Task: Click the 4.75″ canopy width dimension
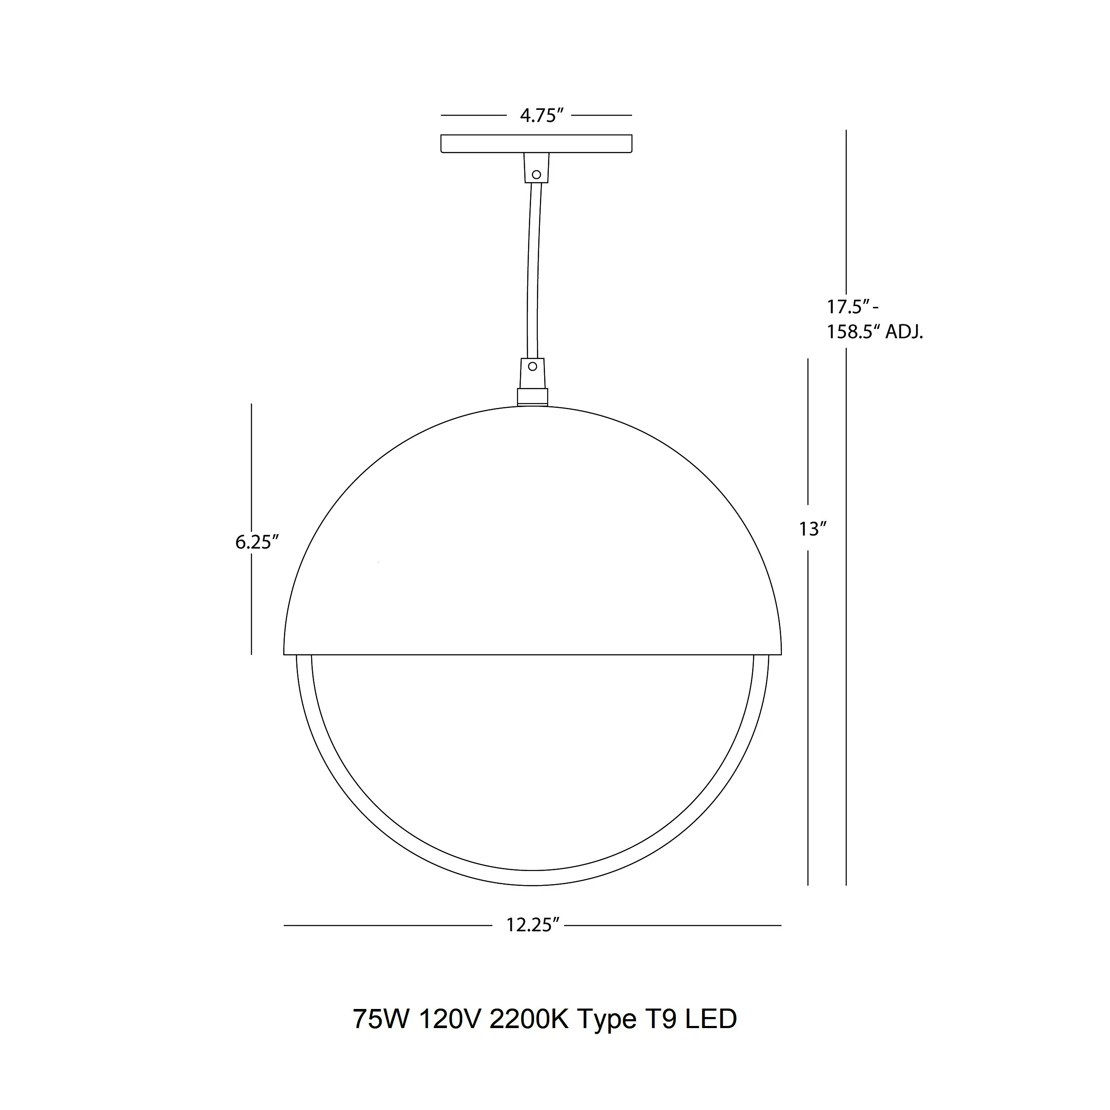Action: coord(538,115)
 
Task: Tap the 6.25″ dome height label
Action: coord(257,542)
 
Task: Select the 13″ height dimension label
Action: coord(812,528)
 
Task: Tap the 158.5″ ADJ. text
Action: coord(874,332)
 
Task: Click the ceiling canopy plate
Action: coord(536,143)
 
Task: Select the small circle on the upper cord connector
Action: coord(537,174)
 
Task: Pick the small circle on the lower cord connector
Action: coord(533,366)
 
